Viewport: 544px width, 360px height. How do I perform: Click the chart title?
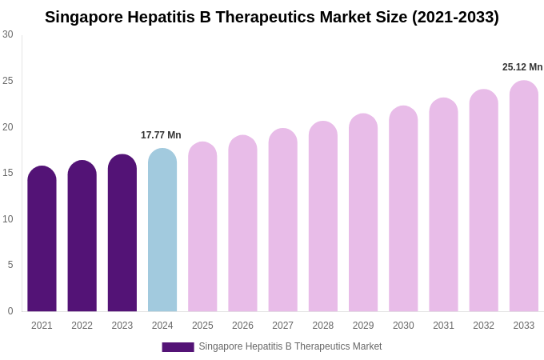tap(272, 17)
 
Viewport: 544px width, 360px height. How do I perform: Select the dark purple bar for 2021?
tap(42, 240)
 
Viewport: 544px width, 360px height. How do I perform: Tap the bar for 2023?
tap(122, 234)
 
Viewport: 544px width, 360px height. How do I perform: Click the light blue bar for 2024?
tap(162, 230)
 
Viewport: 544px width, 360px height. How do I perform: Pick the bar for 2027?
tap(282, 221)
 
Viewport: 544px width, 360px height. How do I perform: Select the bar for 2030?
tap(403, 210)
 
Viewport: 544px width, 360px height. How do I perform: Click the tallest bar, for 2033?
tap(524, 197)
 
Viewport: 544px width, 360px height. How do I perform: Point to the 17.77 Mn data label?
tap(161, 135)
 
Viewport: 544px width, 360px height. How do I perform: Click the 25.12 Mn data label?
tap(522, 67)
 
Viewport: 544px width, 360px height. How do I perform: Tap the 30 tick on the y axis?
tap(8, 34)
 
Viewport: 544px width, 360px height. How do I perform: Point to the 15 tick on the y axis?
tap(8, 173)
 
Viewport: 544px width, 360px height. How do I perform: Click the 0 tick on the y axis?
tap(10, 311)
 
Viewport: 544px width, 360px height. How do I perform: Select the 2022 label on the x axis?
tap(82, 326)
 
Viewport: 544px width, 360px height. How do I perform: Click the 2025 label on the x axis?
tap(202, 326)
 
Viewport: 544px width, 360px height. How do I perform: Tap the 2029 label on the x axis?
tap(363, 326)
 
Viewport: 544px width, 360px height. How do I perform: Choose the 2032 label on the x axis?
tap(483, 326)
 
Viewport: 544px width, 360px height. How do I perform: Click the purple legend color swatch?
tap(178, 347)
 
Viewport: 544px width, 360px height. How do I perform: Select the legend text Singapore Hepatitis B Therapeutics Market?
tap(290, 346)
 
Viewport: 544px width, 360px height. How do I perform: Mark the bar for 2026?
tap(242, 224)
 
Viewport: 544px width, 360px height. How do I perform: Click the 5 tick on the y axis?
tap(10, 265)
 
